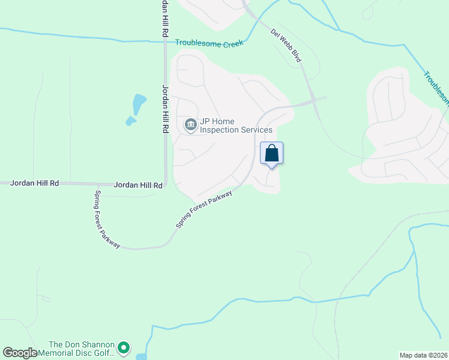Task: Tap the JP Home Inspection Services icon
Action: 191,125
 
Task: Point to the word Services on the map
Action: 256,130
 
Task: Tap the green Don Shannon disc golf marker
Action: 124,347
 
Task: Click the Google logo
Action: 20,353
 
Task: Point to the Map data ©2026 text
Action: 423,355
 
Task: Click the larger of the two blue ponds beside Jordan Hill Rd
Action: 139,103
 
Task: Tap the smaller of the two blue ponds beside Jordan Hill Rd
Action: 130,121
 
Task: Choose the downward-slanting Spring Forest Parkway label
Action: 107,219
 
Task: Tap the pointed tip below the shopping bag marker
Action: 271,168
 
